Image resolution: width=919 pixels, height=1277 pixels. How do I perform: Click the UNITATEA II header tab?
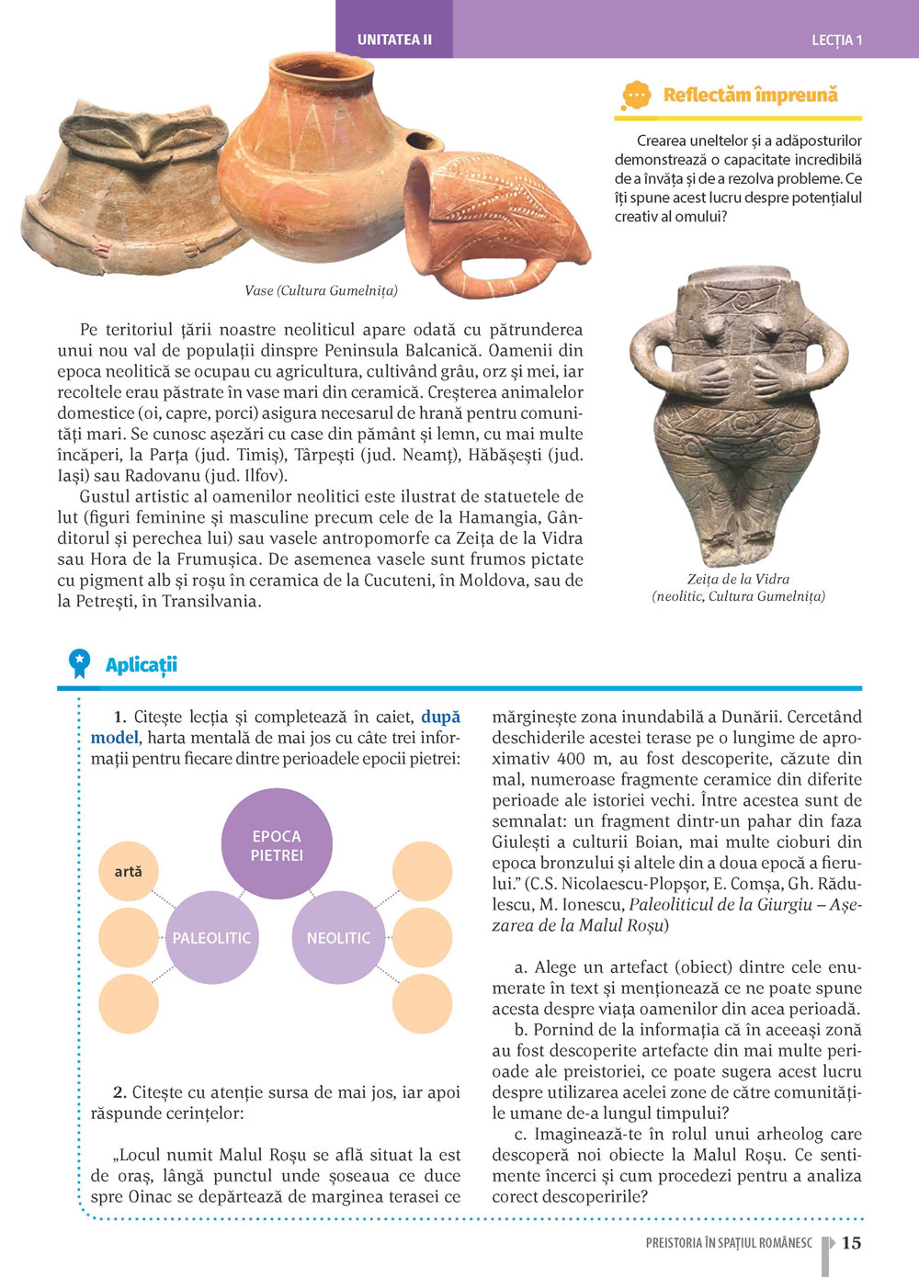pyautogui.click(x=394, y=40)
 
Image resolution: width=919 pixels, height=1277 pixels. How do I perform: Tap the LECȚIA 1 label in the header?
pyautogui.click(x=836, y=40)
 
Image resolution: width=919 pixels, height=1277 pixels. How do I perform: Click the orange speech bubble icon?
pyautogui.click(x=636, y=96)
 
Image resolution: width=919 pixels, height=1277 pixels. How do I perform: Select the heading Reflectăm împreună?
pyautogui.click(x=750, y=95)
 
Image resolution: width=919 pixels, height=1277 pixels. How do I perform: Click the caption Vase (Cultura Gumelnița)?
pyautogui.click(x=321, y=290)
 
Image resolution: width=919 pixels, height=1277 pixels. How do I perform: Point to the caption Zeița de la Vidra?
pyautogui.click(x=738, y=579)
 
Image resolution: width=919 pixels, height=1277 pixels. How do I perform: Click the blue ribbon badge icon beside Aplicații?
pyautogui.click(x=80, y=662)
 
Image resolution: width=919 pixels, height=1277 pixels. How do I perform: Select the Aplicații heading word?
pyautogui.click(x=141, y=664)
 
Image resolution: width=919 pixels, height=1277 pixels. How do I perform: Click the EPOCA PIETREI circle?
pyautogui.click(x=277, y=844)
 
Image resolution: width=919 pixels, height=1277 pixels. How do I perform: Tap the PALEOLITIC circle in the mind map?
pyautogui.click(x=211, y=937)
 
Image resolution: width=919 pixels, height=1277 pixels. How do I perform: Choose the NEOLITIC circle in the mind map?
pyautogui.click(x=338, y=937)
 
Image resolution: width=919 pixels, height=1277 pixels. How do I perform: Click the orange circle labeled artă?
pyautogui.click(x=128, y=871)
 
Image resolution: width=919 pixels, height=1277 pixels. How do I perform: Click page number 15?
pyautogui.click(x=851, y=1242)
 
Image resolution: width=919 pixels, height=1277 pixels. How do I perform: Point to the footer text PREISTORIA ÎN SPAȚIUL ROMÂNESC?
pyautogui.click(x=729, y=1243)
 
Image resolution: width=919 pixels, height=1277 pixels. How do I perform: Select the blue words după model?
pyautogui.click(x=276, y=727)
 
